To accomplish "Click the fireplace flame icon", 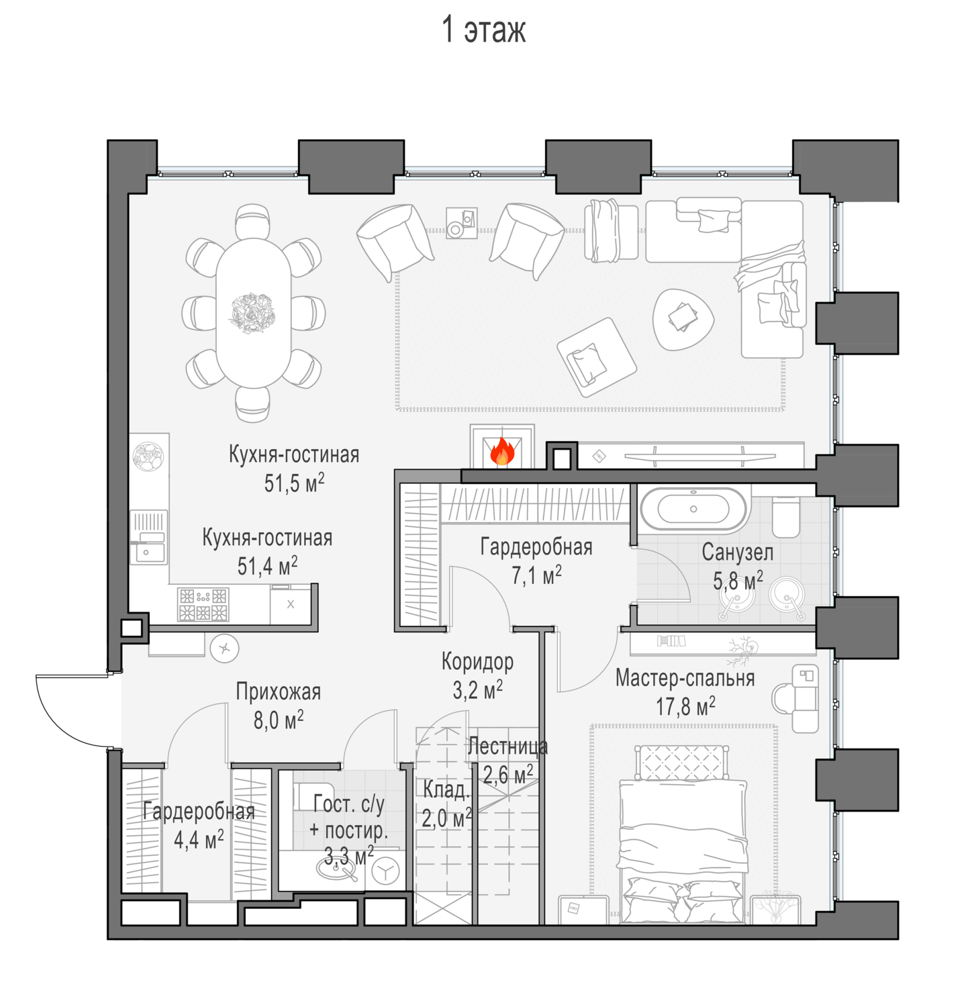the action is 502,452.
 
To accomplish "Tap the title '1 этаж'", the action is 483,30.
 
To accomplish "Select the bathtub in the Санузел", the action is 693,509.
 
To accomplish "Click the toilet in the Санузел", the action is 785,516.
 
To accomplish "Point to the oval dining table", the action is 253,314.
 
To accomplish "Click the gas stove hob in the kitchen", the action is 203,604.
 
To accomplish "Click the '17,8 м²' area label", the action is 685,706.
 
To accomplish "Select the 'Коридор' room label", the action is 477,662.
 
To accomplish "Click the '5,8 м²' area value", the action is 738,580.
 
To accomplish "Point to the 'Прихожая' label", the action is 278,691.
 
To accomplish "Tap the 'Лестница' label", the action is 508,746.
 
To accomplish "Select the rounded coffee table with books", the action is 683,319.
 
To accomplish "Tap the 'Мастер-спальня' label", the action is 685,678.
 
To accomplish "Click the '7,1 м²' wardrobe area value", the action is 536,575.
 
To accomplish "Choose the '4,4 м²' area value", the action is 199,839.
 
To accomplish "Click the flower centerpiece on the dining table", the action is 252,313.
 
